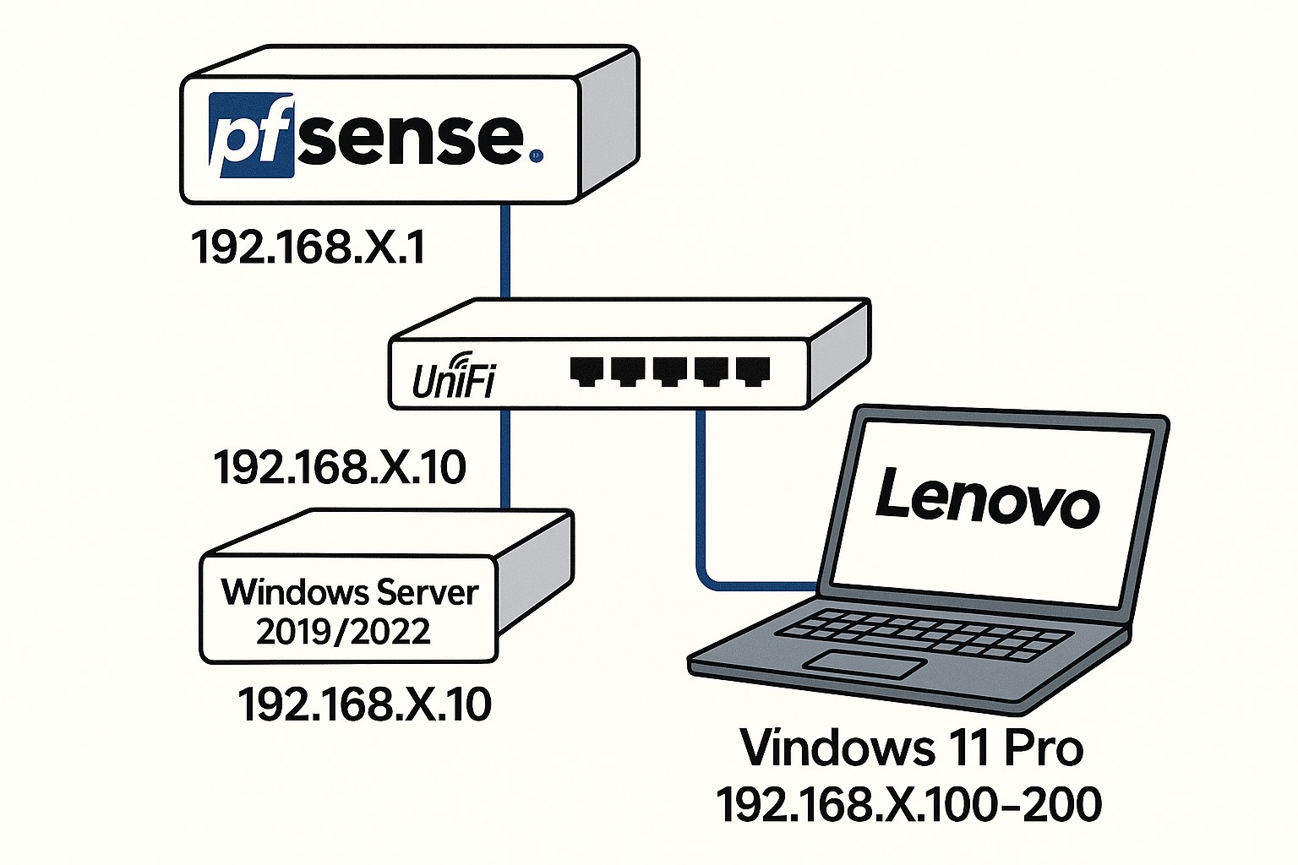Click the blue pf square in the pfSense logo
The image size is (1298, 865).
(251, 136)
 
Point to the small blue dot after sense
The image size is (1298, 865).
(535, 155)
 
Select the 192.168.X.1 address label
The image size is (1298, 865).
(308, 248)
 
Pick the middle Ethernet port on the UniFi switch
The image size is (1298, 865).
(668, 371)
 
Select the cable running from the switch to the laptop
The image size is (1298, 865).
(701, 507)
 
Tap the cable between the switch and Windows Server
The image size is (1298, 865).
(504, 460)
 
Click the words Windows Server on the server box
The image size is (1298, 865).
(350, 592)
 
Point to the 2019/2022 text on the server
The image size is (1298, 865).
(343, 632)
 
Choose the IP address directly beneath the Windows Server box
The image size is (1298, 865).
(364, 704)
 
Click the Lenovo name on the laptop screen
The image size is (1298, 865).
(986, 498)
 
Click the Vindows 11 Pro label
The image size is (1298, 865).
(911, 748)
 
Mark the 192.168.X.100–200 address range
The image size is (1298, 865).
(909, 803)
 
